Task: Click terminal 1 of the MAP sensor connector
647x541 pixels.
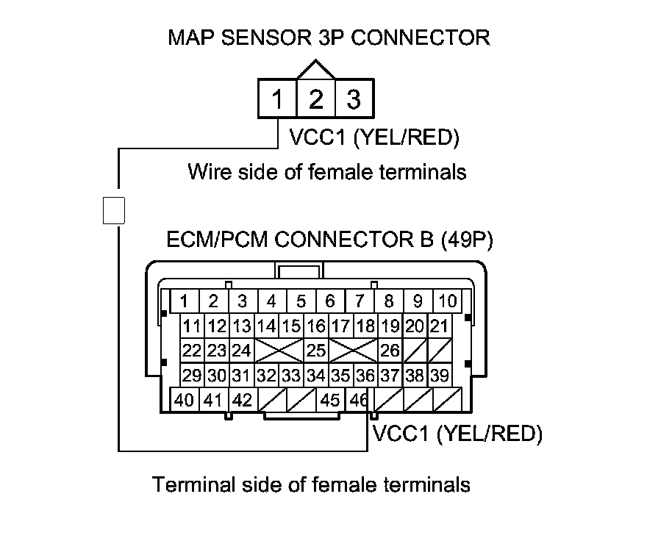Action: click(277, 98)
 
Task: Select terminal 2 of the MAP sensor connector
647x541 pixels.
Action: click(315, 98)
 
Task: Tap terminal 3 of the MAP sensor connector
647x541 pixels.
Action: click(354, 98)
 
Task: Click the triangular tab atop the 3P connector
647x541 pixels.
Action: click(315, 69)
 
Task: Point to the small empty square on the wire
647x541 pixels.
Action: click(114, 210)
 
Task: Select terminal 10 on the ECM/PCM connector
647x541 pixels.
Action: click(447, 301)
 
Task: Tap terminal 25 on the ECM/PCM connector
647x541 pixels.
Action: click(316, 351)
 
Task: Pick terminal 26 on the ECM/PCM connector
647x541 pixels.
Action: click(390, 351)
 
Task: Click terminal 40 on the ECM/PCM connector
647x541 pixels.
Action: click(185, 400)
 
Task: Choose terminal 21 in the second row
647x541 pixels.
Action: click(440, 326)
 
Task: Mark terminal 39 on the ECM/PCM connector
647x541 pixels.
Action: click(440, 376)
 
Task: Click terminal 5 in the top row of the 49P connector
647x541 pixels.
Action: click(301, 301)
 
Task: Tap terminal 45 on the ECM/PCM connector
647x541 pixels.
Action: click(331, 400)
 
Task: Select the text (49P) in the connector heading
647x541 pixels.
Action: click(467, 240)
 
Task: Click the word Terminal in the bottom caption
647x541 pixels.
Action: click(194, 484)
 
